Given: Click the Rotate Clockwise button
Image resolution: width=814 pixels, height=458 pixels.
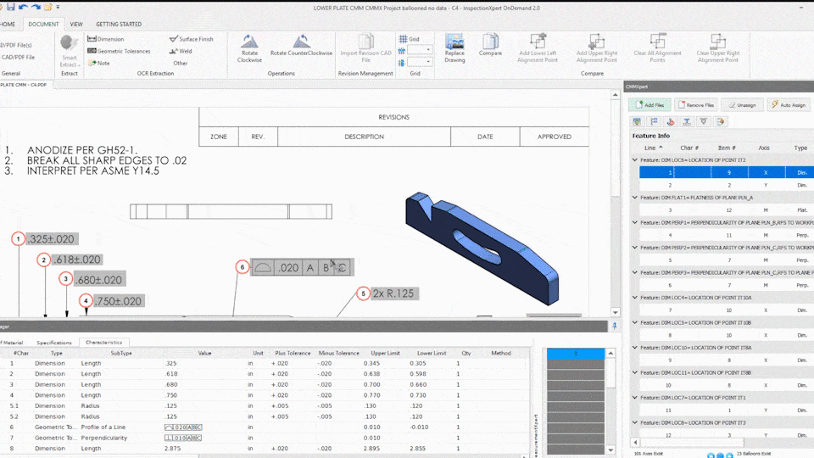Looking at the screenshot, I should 249,47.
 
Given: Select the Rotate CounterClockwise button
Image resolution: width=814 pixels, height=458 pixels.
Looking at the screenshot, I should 301,47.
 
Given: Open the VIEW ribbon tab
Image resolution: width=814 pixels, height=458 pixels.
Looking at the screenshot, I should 76,25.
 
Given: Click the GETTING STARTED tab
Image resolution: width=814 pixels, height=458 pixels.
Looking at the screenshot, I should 119,25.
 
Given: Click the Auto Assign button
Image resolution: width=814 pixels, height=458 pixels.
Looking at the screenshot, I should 789,105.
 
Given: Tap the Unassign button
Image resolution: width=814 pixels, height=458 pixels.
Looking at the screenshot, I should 742,105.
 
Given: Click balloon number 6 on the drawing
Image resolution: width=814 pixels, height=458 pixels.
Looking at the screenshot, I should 242,267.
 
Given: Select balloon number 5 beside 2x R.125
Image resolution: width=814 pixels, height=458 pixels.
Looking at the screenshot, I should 363,293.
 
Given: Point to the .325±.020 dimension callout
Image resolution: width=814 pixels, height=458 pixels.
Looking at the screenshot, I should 51,239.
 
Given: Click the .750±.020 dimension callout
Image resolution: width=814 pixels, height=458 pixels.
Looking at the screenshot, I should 118,300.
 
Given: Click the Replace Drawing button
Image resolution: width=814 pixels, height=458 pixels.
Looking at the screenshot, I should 454,47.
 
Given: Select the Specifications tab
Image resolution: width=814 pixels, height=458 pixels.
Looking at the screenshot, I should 54,343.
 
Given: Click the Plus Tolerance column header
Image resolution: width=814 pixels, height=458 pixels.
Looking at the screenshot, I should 291,353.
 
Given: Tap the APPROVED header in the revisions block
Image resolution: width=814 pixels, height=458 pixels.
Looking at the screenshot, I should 555,137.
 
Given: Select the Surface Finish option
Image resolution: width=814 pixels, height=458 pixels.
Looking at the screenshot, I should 192,39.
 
